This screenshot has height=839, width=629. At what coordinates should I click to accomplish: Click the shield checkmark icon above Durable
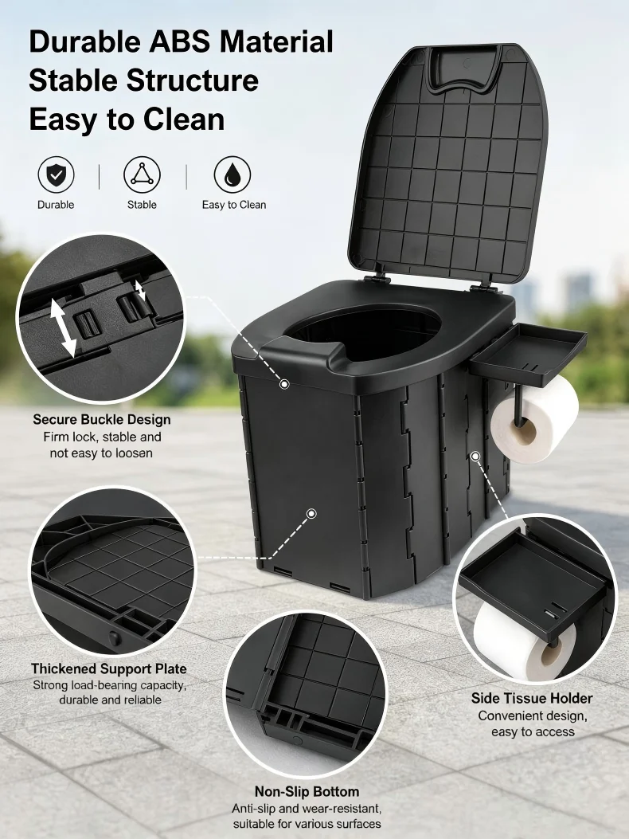coord(57,175)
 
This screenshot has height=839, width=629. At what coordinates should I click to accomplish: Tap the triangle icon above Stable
coord(142,175)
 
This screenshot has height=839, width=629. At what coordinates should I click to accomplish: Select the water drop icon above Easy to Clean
coord(232,175)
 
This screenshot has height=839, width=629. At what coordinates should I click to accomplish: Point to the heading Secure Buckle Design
coord(102,419)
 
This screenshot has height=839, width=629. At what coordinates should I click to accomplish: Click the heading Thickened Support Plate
coord(109,668)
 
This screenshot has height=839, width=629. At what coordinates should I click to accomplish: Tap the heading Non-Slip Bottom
coord(307,791)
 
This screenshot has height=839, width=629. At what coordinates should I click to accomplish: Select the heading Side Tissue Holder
coord(532,698)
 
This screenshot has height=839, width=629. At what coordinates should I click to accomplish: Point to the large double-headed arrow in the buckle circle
coord(63,327)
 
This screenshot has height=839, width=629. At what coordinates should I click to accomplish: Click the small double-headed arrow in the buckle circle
coord(140,291)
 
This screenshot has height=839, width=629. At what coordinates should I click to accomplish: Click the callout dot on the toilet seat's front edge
coord(284,384)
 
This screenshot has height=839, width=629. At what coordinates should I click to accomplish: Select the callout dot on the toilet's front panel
coord(311,514)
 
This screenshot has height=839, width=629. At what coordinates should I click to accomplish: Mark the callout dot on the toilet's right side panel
coord(475,455)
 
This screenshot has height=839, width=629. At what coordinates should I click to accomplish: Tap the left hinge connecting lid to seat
coord(377,278)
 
